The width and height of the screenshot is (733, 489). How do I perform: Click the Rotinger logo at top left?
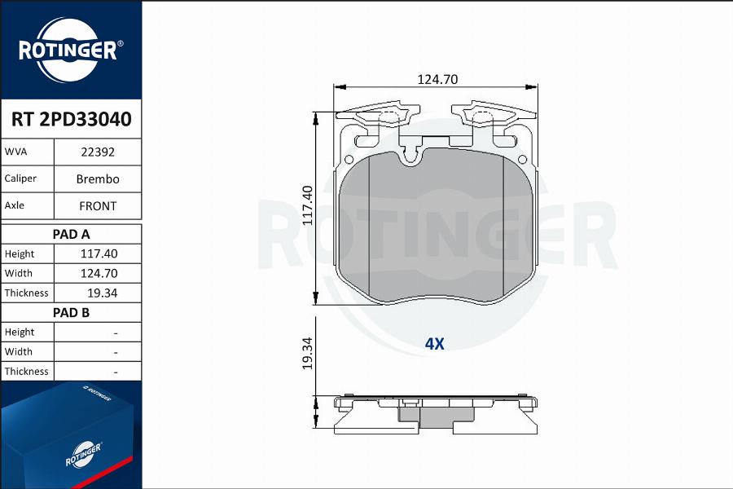point(71,50)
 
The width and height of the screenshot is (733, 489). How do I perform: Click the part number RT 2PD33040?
point(71,120)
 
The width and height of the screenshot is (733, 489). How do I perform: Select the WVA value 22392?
point(97,152)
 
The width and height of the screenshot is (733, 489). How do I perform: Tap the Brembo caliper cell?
point(97,178)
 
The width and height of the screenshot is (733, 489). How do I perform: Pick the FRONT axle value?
point(97,206)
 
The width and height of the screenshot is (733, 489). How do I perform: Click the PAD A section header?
point(71,234)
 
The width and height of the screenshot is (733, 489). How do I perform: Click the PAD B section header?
point(71,312)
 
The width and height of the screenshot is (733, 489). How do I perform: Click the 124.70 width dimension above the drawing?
point(437,79)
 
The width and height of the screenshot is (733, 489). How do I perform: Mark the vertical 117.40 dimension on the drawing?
point(307,205)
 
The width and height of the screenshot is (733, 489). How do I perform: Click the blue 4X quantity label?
point(434,344)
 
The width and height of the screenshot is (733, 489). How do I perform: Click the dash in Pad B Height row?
point(116,333)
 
